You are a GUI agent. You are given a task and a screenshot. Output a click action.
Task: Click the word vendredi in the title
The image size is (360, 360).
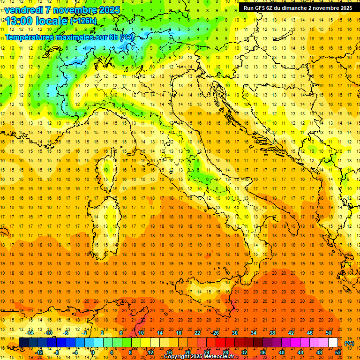point(23,10)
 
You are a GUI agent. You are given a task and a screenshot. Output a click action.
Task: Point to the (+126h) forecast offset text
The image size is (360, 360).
point(83,21)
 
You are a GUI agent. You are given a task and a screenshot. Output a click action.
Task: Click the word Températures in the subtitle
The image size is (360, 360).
point(28,37)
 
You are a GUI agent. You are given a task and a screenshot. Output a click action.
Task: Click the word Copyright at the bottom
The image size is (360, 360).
point(177,357)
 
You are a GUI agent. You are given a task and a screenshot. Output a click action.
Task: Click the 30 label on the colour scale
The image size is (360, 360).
point(234,333)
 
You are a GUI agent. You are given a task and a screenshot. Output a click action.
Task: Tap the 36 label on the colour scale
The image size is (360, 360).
point(262,352)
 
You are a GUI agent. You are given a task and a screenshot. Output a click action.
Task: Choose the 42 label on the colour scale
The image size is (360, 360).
point(291,333)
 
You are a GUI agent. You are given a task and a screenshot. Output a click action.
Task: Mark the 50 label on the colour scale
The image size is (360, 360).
point(328,333)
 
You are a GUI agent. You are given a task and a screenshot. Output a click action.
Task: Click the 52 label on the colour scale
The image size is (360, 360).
point(338,352)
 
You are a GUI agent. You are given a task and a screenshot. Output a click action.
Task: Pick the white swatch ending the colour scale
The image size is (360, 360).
point(333,343)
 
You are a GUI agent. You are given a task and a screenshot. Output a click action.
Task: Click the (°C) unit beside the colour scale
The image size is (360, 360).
point(349,343)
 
